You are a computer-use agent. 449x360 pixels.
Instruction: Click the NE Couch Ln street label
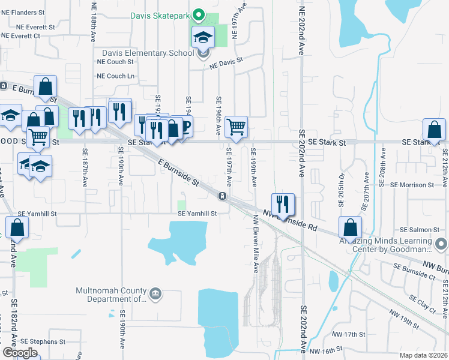click(x=116, y=76)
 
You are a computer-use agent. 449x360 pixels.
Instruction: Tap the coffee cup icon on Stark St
click(x=184, y=127)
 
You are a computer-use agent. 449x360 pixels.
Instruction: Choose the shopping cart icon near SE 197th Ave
click(x=237, y=127)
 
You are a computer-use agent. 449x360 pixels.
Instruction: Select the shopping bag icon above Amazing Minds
click(x=350, y=227)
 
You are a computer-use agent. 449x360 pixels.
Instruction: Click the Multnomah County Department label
click(x=111, y=295)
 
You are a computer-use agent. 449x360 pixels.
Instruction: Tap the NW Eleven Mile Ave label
click(x=255, y=244)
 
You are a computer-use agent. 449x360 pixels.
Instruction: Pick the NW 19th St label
click(x=403, y=318)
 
